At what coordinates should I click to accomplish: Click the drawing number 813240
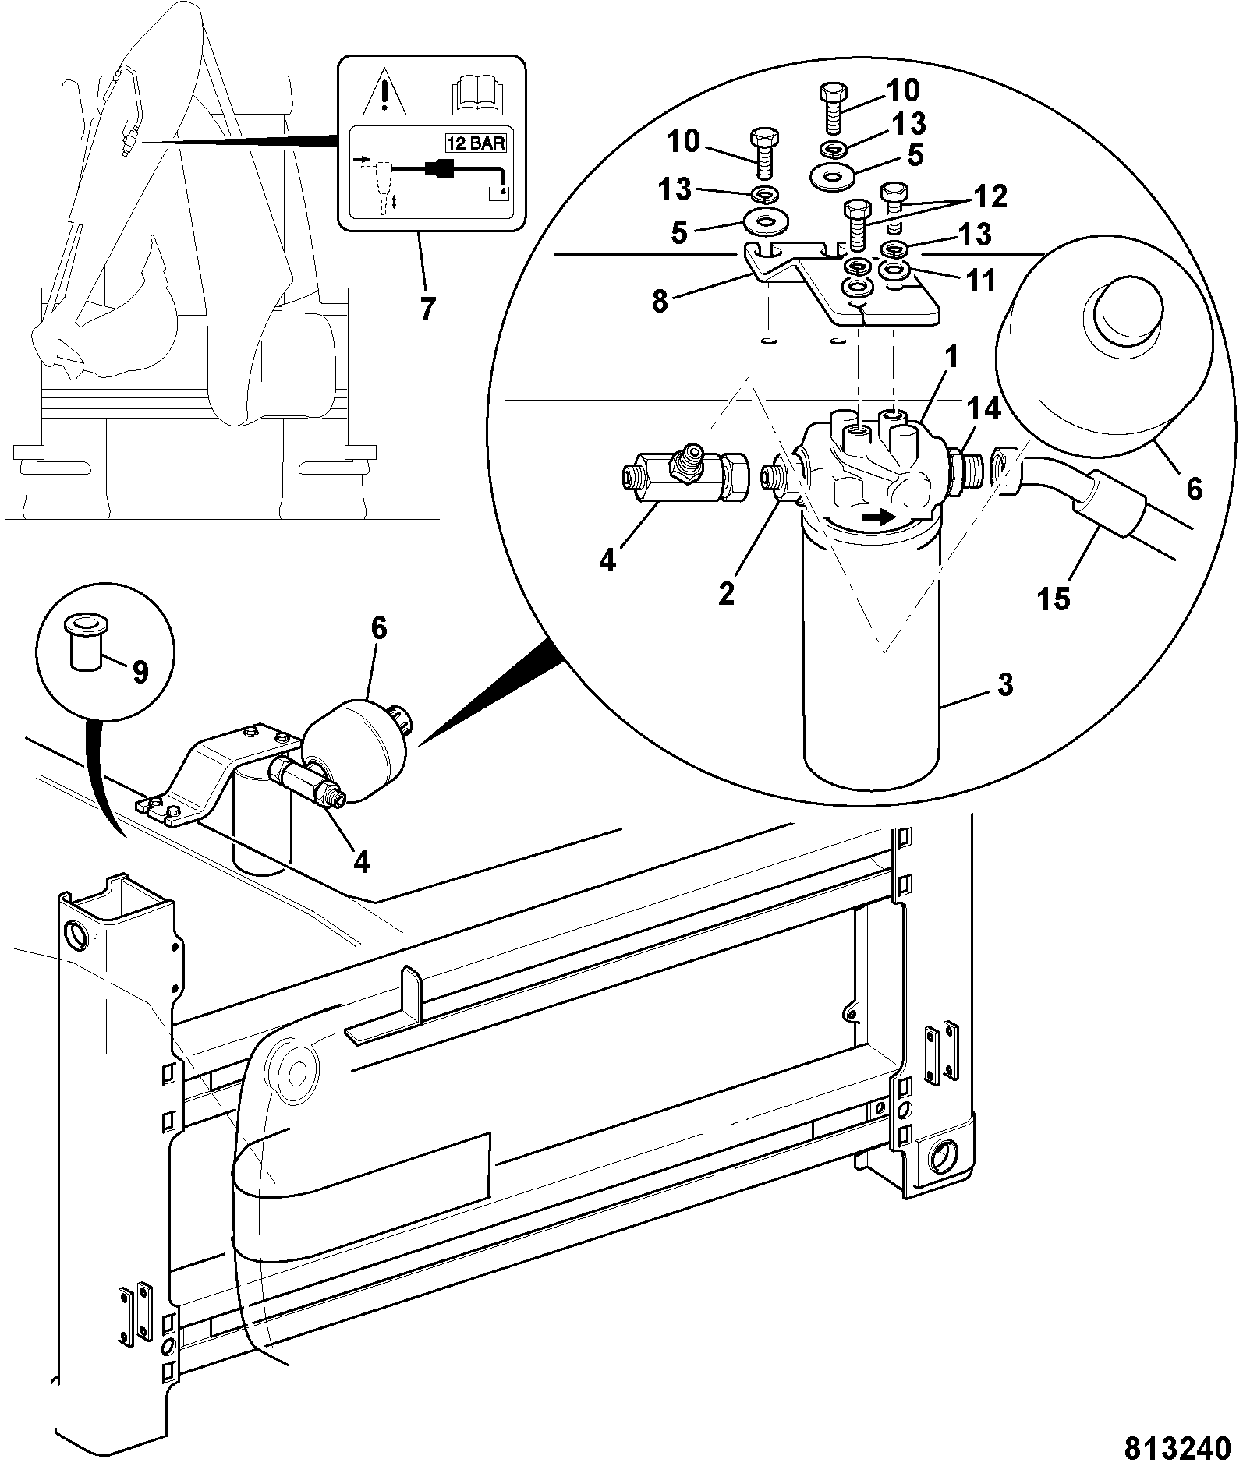click(x=1170, y=1447)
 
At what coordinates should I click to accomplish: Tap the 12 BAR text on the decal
click(x=475, y=143)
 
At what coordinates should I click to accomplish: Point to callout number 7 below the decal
click(x=426, y=309)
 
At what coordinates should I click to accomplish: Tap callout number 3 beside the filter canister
click(x=1005, y=685)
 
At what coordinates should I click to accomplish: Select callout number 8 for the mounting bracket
click(x=660, y=302)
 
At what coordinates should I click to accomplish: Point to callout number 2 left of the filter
click(x=726, y=594)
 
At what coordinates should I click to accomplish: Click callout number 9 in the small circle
click(x=140, y=671)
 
